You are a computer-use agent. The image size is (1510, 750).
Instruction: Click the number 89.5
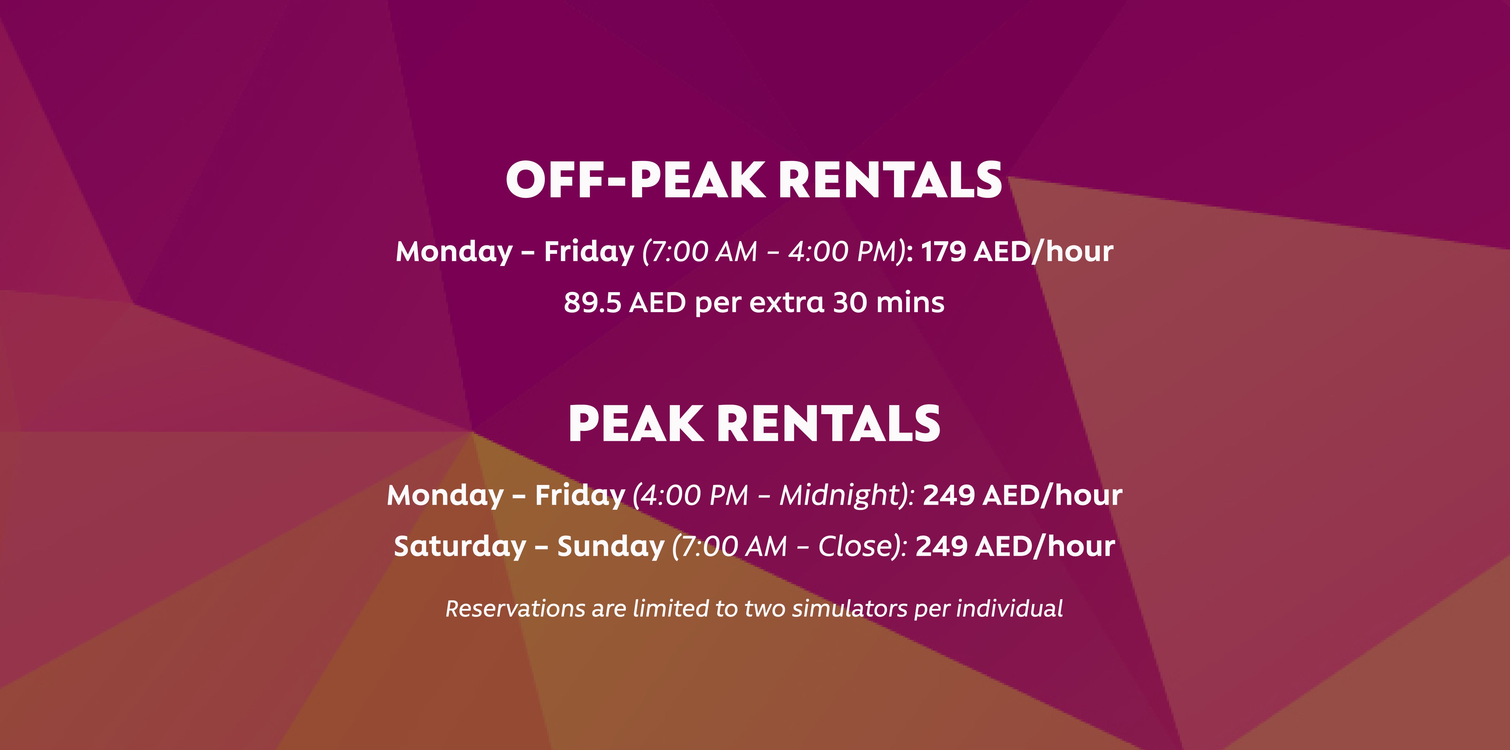click(x=592, y=303)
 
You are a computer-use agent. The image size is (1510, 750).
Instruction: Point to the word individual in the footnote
click(x=1009, y=609)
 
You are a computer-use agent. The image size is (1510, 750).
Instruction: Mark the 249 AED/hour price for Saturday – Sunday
click(x=1015, y=547)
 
